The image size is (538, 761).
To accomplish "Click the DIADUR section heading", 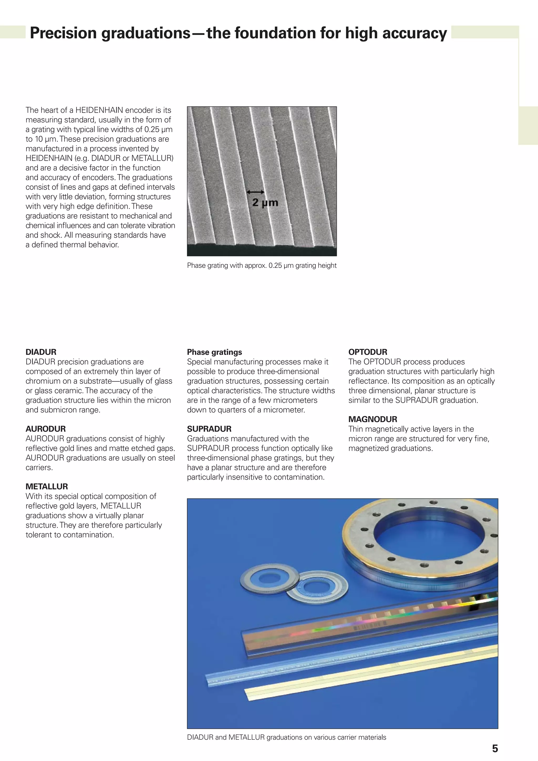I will (41, 352).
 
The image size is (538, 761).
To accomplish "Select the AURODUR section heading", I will (45, 429).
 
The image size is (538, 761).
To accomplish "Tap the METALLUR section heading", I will (46, 486).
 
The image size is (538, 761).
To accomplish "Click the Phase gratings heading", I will (214, 352).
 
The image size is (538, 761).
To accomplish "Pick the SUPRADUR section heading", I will (209, 429).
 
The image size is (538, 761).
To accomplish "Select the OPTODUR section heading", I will (367, 352).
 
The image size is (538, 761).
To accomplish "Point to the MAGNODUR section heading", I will (372, 419).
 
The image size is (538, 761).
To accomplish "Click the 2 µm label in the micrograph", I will (265, 203).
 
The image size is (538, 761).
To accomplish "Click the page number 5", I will (495, 748).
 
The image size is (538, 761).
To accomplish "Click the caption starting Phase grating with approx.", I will (262, 266).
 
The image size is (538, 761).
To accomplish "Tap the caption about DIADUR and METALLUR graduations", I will (286, 737).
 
